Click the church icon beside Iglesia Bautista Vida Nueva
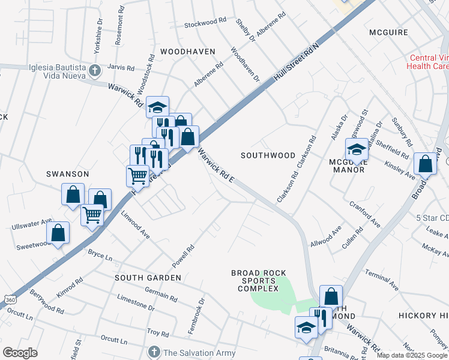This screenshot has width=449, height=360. (94, 71)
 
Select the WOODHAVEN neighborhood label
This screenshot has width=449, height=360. (187, 52)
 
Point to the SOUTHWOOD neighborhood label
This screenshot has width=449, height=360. (268, 155)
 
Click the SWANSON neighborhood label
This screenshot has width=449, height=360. (68, 174)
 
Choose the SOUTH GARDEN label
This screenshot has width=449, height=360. (148, 278)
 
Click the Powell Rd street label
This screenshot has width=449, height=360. (184, 257)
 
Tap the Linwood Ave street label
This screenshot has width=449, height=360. (135, 224)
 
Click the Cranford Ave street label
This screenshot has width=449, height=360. (365, 214)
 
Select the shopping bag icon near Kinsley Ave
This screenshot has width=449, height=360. (426, 163)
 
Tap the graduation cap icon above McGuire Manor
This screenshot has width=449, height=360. (357, 149)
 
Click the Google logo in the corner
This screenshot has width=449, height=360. (20, 353)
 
